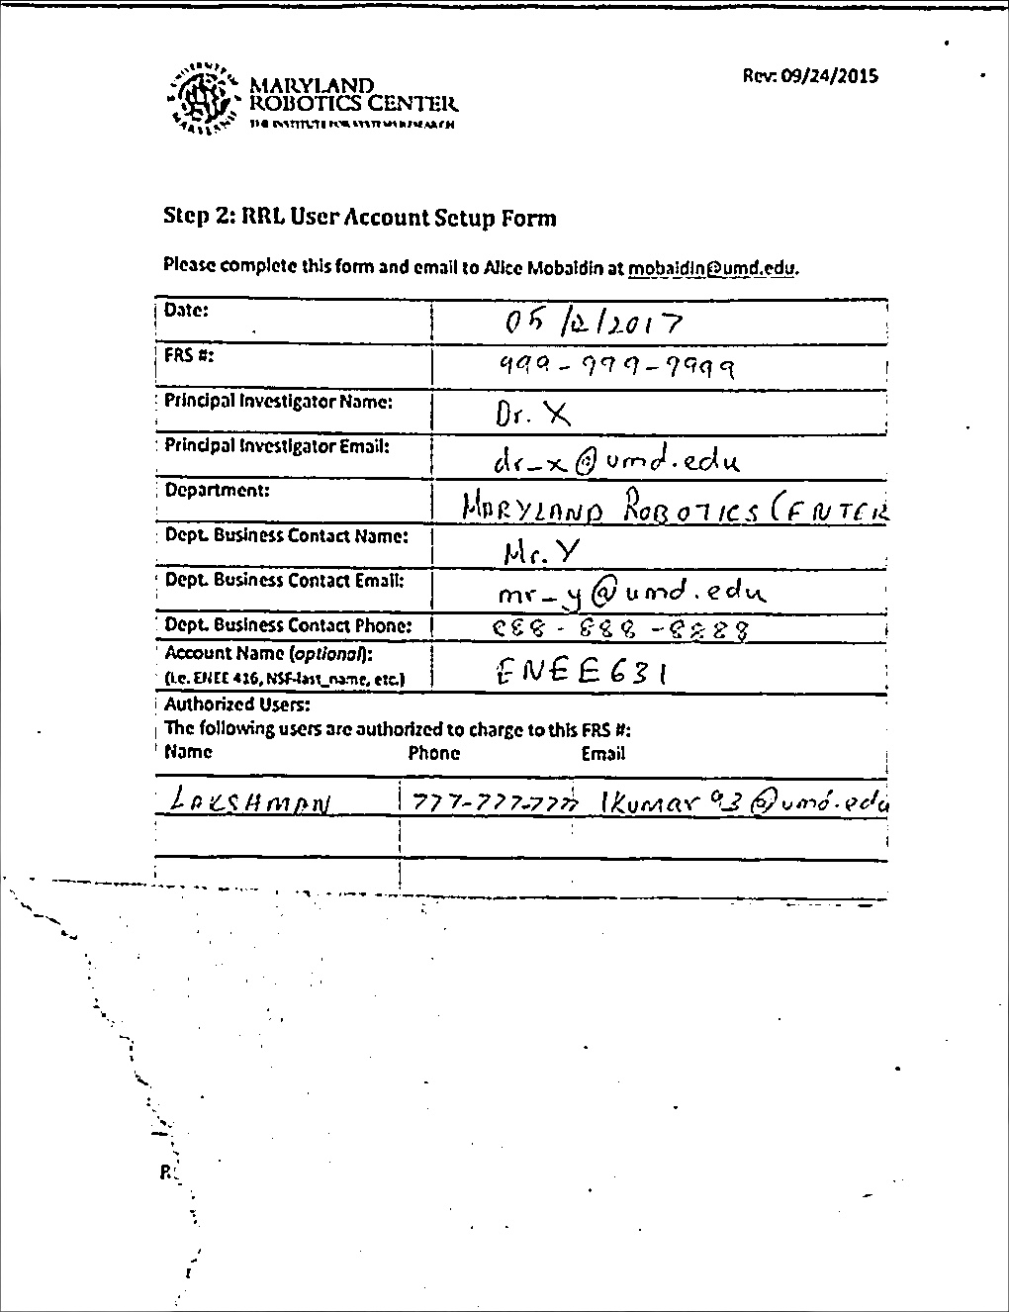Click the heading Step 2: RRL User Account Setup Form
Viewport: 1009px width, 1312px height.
(359, 218)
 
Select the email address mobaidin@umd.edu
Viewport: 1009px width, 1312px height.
(712, 267)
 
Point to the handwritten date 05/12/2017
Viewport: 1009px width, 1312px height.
(592, 323)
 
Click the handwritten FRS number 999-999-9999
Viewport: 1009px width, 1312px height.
(614, 368)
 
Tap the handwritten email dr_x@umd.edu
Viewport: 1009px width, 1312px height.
(615, 460)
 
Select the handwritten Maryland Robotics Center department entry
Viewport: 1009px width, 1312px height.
(675, 509)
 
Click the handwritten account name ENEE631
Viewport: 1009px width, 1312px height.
(580, 673)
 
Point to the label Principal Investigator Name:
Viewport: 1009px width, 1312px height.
(278, 402)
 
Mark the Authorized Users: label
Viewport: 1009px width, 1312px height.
(237, 704)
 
